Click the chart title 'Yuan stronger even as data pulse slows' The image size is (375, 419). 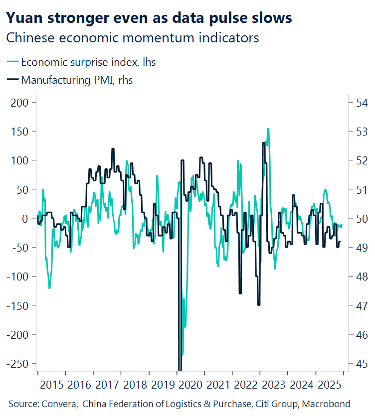[149, 18]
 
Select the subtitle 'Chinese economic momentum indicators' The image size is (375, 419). [133, 38]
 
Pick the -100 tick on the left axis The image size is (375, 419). [18, 277]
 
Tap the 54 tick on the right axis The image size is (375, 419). [361, 103]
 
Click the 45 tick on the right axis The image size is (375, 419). [361, 363]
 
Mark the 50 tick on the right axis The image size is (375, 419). [361, 218]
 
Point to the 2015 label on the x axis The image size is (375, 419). [51, 385]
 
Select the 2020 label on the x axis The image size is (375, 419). [190, 385]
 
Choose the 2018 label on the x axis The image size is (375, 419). [135, 385]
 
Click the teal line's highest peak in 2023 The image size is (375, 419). [268, 129]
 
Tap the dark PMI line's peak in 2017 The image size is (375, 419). [113, 148]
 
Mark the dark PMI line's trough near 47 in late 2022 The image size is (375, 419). [258, 305]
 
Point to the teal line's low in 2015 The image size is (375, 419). [49, 288]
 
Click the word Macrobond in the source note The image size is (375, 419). [328, 404]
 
